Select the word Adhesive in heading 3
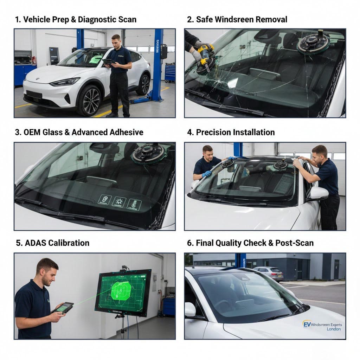[x=122, y=132]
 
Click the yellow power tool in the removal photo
[x=205, y=57]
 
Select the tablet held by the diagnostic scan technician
[x=108, y=62]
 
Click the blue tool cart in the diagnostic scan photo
[x=170, y=72]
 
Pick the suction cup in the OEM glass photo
[x=148, y=153]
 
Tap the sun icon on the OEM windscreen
[x=119, y=202]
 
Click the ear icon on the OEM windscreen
[x=104, y=200]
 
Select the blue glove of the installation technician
[x=207, y=173]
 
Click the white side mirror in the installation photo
[x=318, y=193]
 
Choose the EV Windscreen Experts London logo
[x=322, y=327]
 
